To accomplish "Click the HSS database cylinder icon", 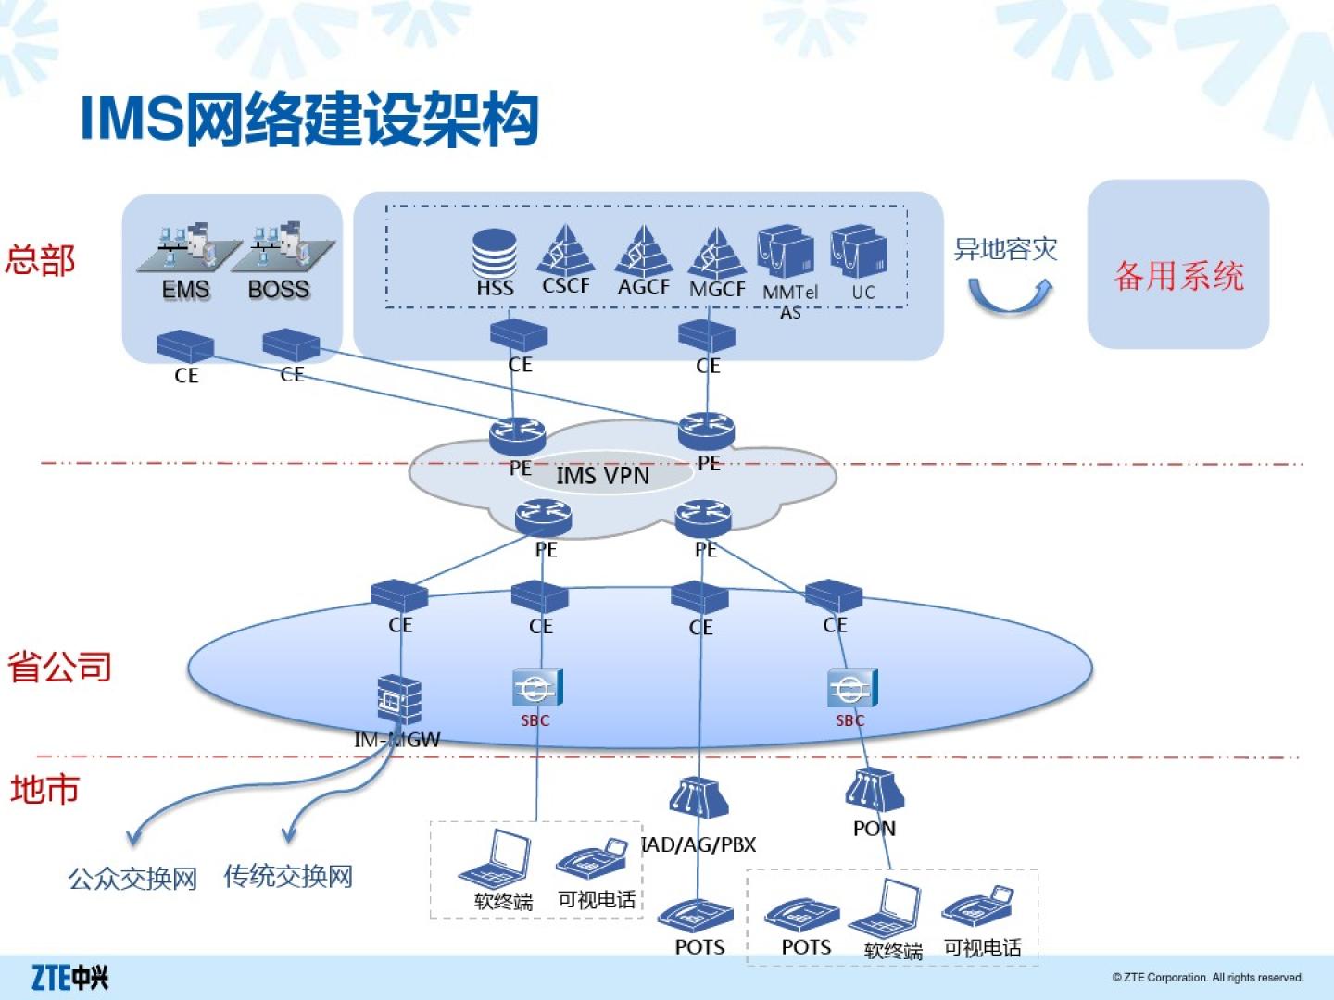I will tap(494, 253).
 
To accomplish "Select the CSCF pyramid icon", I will tap(564, 248).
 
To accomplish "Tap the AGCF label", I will tap(643, 287).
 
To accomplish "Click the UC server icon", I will tap(859, 251).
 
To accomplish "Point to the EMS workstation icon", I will tap(187, 248).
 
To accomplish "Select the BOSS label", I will tap(278, 290).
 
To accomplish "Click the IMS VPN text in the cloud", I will tap(602, 476).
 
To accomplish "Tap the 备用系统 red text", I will tap(1178, 276).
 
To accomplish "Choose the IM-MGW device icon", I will tap(399, 700).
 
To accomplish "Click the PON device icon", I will tap(873, 790).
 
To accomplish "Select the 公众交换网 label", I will tap(132, 878).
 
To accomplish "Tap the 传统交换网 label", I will tap(288, 876).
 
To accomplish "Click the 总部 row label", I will tap(40, 260).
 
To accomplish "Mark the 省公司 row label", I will tap(59, 667).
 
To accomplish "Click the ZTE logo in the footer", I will tap(69, 977).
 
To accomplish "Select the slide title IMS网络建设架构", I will tap(309, 119).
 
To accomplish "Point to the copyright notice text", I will tap(1207, 978).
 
